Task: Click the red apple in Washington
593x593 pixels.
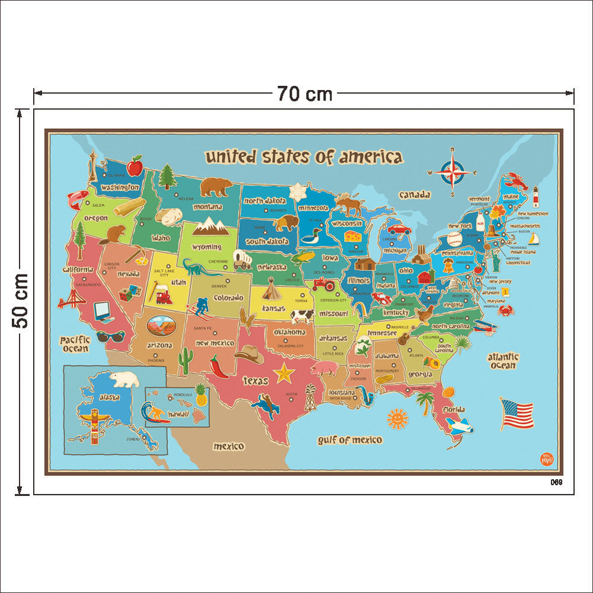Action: [135, 166]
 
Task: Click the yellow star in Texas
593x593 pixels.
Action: [285, 373]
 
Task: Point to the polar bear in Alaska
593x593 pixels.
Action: [125, 379]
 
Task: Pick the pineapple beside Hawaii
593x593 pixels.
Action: [201, 394]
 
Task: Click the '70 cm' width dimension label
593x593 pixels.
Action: [304, 94]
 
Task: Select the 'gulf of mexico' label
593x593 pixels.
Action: [350, 440]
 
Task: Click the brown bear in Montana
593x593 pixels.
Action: [216, 187]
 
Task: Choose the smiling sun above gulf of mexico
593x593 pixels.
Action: [397, 419]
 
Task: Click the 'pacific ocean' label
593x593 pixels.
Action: [75, 344]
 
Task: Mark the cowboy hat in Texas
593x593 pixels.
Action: [249, 355]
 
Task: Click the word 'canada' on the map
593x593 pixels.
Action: [415, 195]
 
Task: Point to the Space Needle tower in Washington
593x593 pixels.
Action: [93, 166]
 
